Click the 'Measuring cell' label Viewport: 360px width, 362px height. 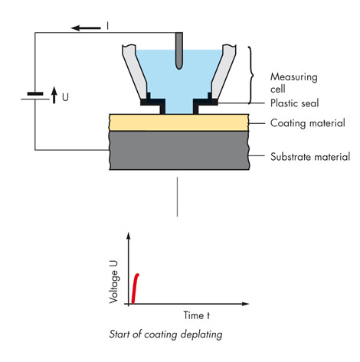294,83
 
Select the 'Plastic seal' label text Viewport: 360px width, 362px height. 295,103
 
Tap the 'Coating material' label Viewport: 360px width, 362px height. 308,123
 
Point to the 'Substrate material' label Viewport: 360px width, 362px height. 310,157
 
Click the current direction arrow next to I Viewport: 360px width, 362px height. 86,28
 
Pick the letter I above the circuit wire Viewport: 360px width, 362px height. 107,26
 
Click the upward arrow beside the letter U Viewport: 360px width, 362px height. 54,95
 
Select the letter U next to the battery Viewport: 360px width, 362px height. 65,97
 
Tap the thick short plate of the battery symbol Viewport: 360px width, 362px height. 35,94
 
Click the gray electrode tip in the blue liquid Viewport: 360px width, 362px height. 179,65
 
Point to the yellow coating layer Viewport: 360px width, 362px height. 178,122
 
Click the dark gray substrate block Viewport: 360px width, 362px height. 179,151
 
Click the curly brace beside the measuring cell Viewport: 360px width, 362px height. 252,75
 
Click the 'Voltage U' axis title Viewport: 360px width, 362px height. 113,282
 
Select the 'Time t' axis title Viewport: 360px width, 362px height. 197,315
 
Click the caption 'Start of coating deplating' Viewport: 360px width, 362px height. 165,334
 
